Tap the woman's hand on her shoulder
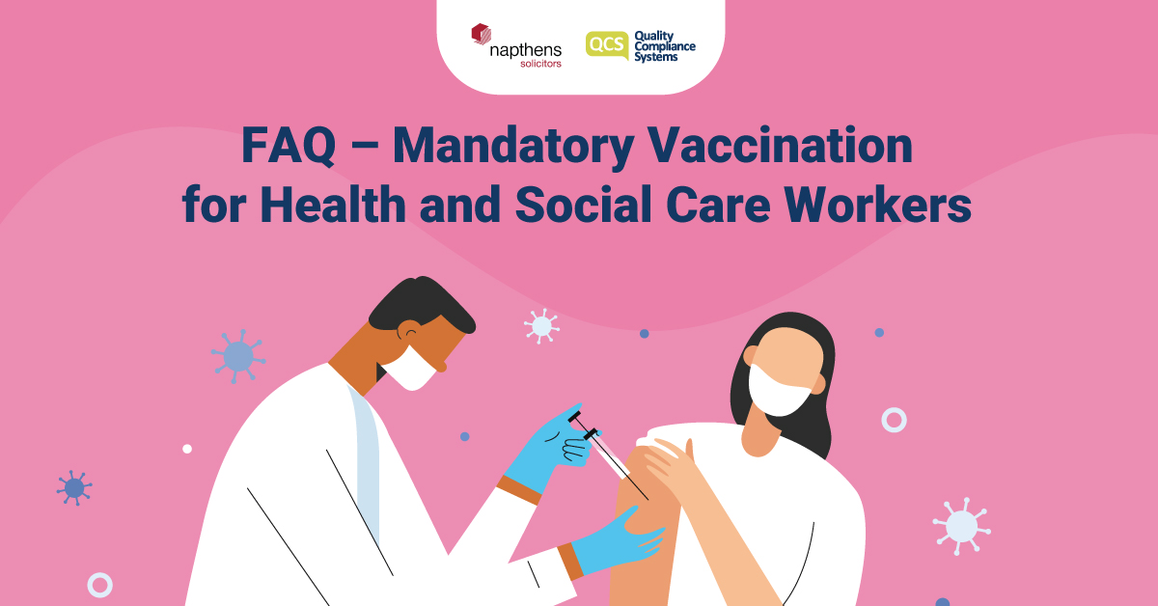coord(675,463)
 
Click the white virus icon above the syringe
coord(541,325)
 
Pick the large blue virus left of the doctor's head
coord(237,356)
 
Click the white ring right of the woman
coord(894,419)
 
